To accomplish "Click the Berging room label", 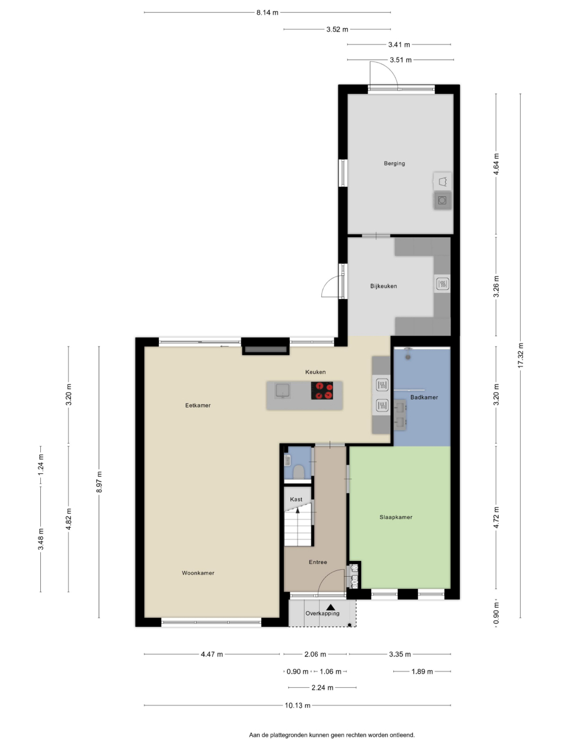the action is click(x=394, y=163).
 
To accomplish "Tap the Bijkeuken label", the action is click(x=383, y=286).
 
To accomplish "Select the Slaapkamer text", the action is click(x=396, y=517).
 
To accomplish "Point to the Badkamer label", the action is click(x=424, y=397).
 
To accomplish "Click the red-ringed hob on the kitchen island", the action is click(x=321, y=390).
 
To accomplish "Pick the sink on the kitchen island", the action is click(x=282, y=390).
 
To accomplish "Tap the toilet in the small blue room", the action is click(x=299, y=472).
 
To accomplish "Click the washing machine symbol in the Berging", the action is click(x=442, y=200).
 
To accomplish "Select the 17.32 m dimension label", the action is click(x=520, y=355).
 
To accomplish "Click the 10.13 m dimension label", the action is click(x=297, y=705).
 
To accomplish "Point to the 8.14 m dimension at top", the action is click(x=267, y=13).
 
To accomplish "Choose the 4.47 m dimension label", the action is click(x=212, y=654).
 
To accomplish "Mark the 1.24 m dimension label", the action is click(x=40, y=465).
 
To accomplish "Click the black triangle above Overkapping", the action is click(x=330, y=607).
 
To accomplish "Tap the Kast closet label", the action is click(x=296, y=499).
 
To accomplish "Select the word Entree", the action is click(x=317, y=562).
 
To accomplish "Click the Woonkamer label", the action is click(x=198, y=573).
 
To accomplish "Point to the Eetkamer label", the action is click(x=198, y=405).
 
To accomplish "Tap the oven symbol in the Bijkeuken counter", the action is click(x=442, y=283).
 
